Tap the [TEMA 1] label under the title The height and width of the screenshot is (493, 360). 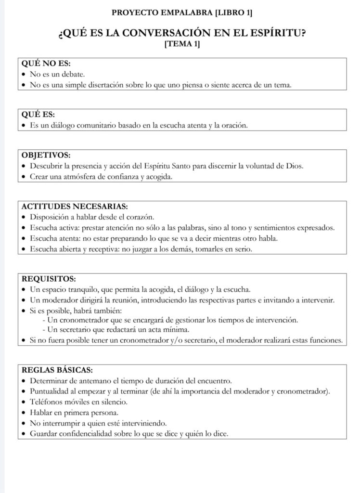pyautogui.click(x=182, y=45)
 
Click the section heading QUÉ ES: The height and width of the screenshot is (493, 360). pyautogui.click(x=38, y=115)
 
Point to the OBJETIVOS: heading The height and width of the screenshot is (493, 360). pyautogui.click(x=46, y=156)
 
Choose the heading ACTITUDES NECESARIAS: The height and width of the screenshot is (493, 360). pyautogui.click(x=75, y=207)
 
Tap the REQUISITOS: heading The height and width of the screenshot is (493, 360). pyautogui.click(x=49, y=278)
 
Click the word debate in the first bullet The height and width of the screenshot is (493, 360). pyautogui.click(x=73, y=75)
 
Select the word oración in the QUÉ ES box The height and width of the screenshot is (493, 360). pyautogui.click(x=233, y=126)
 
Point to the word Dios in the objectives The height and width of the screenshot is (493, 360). pyautogui.click(x=294, y=167)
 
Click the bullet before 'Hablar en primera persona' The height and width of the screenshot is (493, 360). pyautogui.click(x=25, y=413)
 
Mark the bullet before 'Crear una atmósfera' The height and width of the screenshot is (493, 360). pyautogui.click(x=25, y=177)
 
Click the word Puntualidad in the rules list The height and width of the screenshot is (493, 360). pyautogui.click(x=50, y=391)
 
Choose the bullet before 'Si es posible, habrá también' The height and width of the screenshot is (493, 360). pyautogui.click(x=25, y=310)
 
